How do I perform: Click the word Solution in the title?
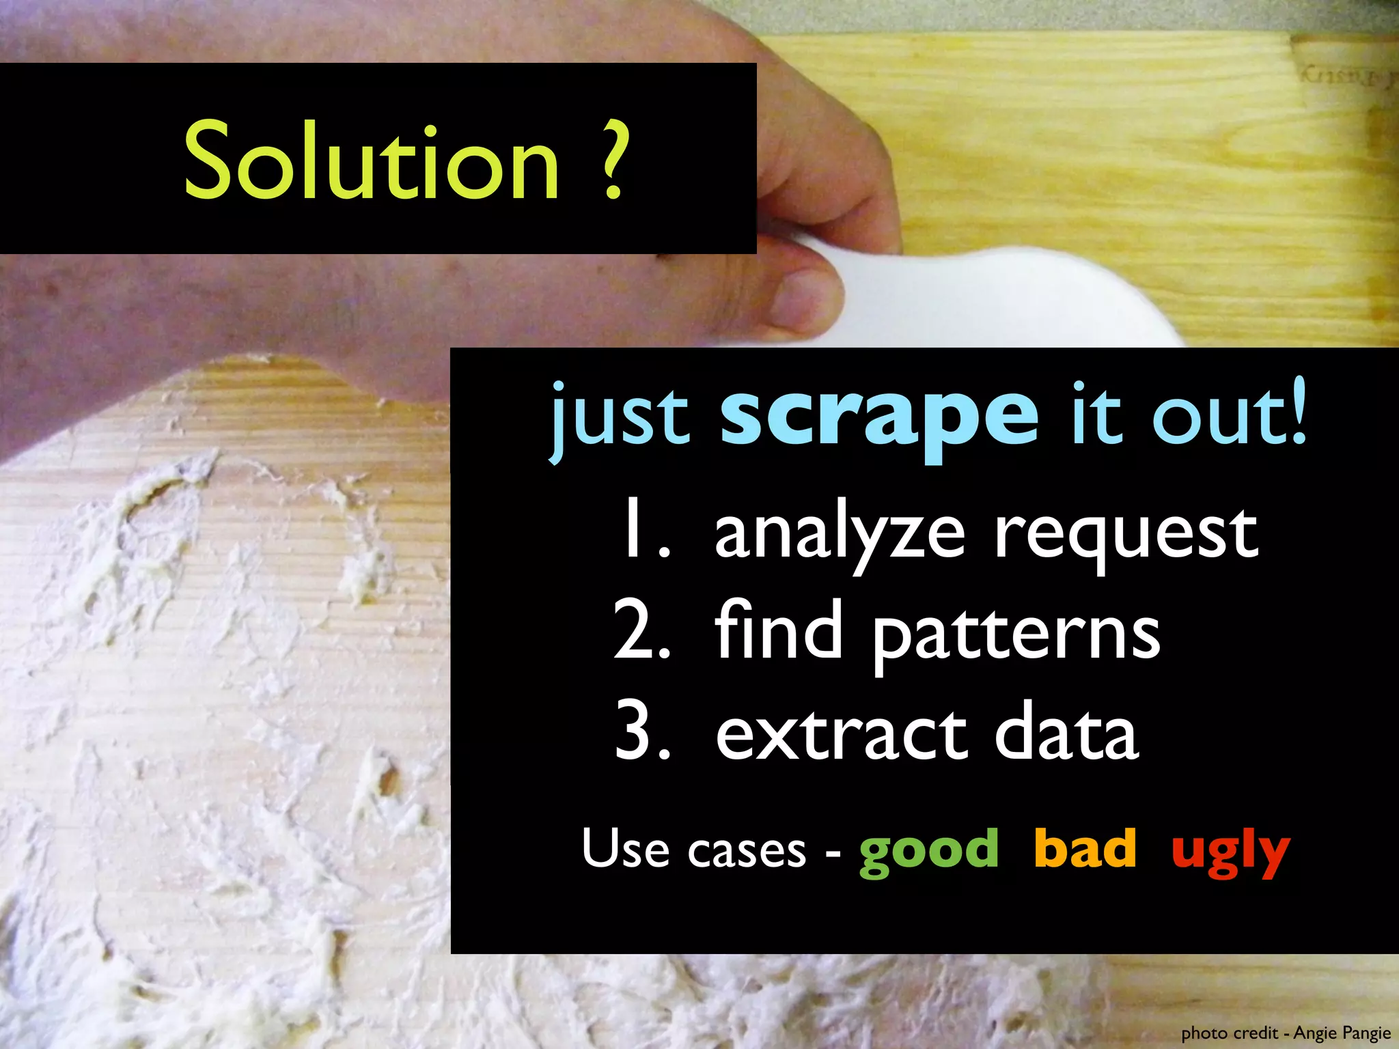[372, 161]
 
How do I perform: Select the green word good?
[929, 851]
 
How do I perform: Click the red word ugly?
[1230, 852]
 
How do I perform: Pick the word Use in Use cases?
[625, 848]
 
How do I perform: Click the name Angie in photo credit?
[1313, 1033]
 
